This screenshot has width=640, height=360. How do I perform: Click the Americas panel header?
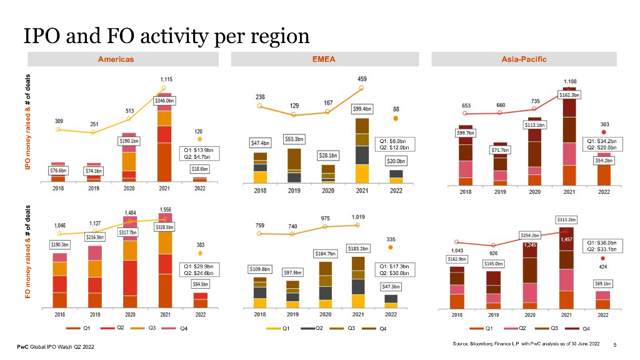[116, 59]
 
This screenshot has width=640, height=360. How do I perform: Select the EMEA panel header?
[324, 59]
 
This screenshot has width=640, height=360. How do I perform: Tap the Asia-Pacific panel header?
[524, 59]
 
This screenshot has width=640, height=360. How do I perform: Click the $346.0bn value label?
[165, 101]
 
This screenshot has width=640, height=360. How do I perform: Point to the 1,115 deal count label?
[167, 79]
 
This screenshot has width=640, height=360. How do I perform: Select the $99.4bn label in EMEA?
[362, 109]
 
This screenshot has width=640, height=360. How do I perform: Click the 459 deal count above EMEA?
[362, 79]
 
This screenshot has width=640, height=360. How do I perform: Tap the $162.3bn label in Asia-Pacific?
[569, 95]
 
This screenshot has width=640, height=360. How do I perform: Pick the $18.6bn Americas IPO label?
[200, 169]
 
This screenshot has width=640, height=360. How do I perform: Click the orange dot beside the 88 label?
[396, 117]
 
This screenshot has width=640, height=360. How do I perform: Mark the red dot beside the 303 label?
[604, 132]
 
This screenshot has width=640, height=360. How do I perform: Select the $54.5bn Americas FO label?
[201, 283]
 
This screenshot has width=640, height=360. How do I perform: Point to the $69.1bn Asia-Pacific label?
[603, 283]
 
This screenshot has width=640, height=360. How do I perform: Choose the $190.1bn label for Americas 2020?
[129, 141]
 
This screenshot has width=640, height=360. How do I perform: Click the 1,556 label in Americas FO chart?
[166, 210]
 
